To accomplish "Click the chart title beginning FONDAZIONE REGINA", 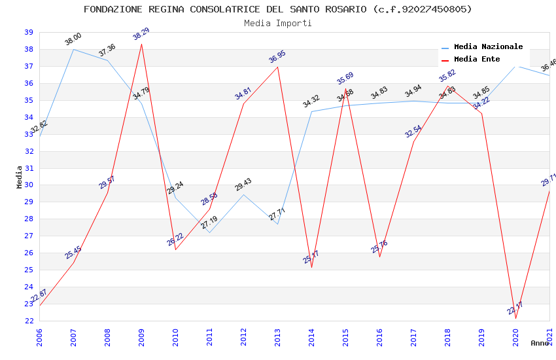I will (278, 9).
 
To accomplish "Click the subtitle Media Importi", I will (278, 23).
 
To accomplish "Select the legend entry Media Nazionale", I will (488, 46).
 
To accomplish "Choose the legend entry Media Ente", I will (477, 59).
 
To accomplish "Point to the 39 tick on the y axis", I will (29, 32).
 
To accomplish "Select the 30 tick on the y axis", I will (29, 185).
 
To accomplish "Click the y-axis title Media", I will (19, 177).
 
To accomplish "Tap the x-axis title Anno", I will (540, 343).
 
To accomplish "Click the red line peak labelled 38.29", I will (141, 43).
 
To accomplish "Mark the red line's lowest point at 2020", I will (515, 319).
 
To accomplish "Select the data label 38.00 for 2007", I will (73, 39).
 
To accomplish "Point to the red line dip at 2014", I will (311, 268).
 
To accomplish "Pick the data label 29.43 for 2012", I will (243, 185).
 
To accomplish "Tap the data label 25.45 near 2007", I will (73, 252).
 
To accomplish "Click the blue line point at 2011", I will (209, 233).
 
